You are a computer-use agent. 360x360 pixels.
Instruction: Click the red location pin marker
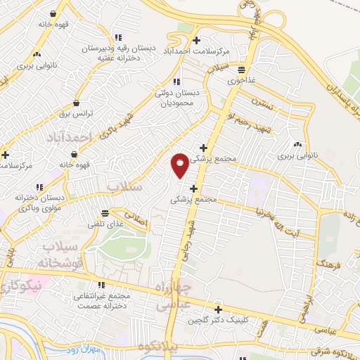point(180,165)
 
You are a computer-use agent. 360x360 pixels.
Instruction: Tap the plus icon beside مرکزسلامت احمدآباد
point(196,39)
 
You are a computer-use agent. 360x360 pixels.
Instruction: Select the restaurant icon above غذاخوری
point(241,70)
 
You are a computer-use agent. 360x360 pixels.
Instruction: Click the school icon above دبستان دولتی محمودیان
point(176,82)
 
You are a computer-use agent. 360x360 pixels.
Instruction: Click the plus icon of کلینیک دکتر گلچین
point(218,309)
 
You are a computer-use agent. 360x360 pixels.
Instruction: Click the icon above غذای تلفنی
point(105,212)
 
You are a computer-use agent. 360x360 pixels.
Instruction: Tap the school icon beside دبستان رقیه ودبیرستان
point(118,37)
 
